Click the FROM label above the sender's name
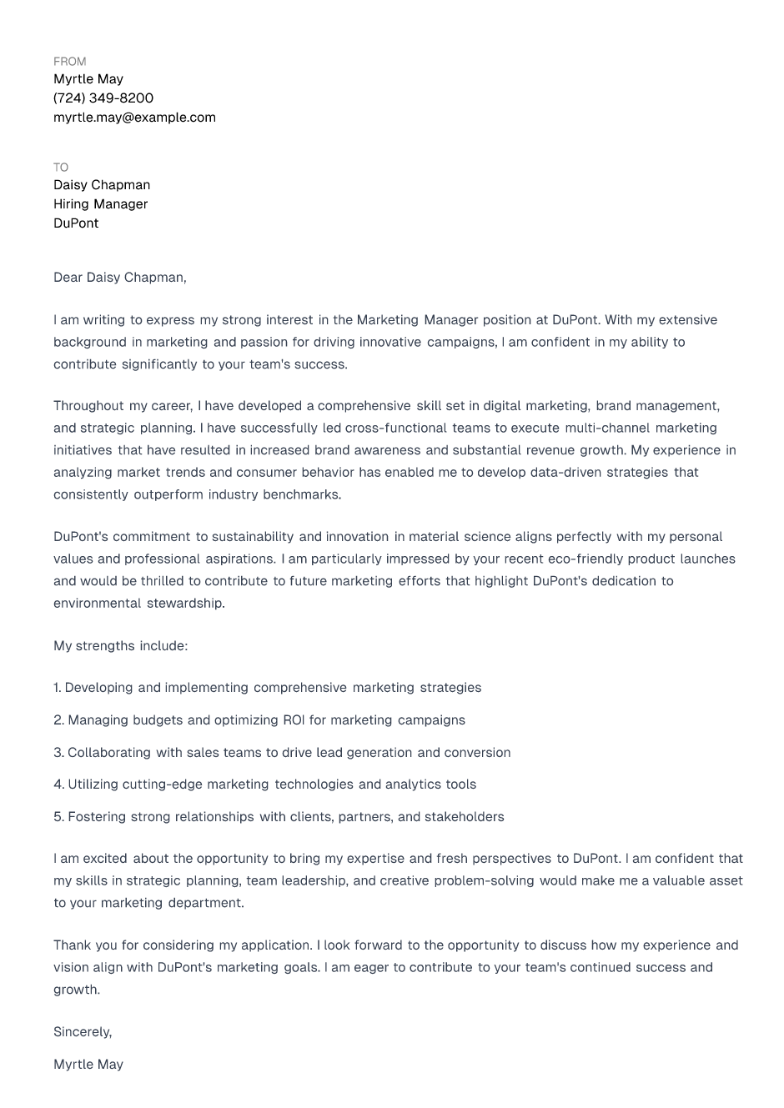(x=69, y=62)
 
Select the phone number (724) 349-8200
(x=103, y=98)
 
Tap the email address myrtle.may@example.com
(x=134, y=118)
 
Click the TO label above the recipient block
(x=61, y=168)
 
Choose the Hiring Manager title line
(x=100, y=204)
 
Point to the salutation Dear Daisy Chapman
(x=119, y=278)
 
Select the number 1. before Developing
(x=58, y=688)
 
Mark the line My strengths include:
(x=120, y=646)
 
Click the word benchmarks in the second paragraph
(x=301, y=494)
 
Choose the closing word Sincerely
(x=82, y=1032)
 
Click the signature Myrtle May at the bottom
(x=88, y=1065)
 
